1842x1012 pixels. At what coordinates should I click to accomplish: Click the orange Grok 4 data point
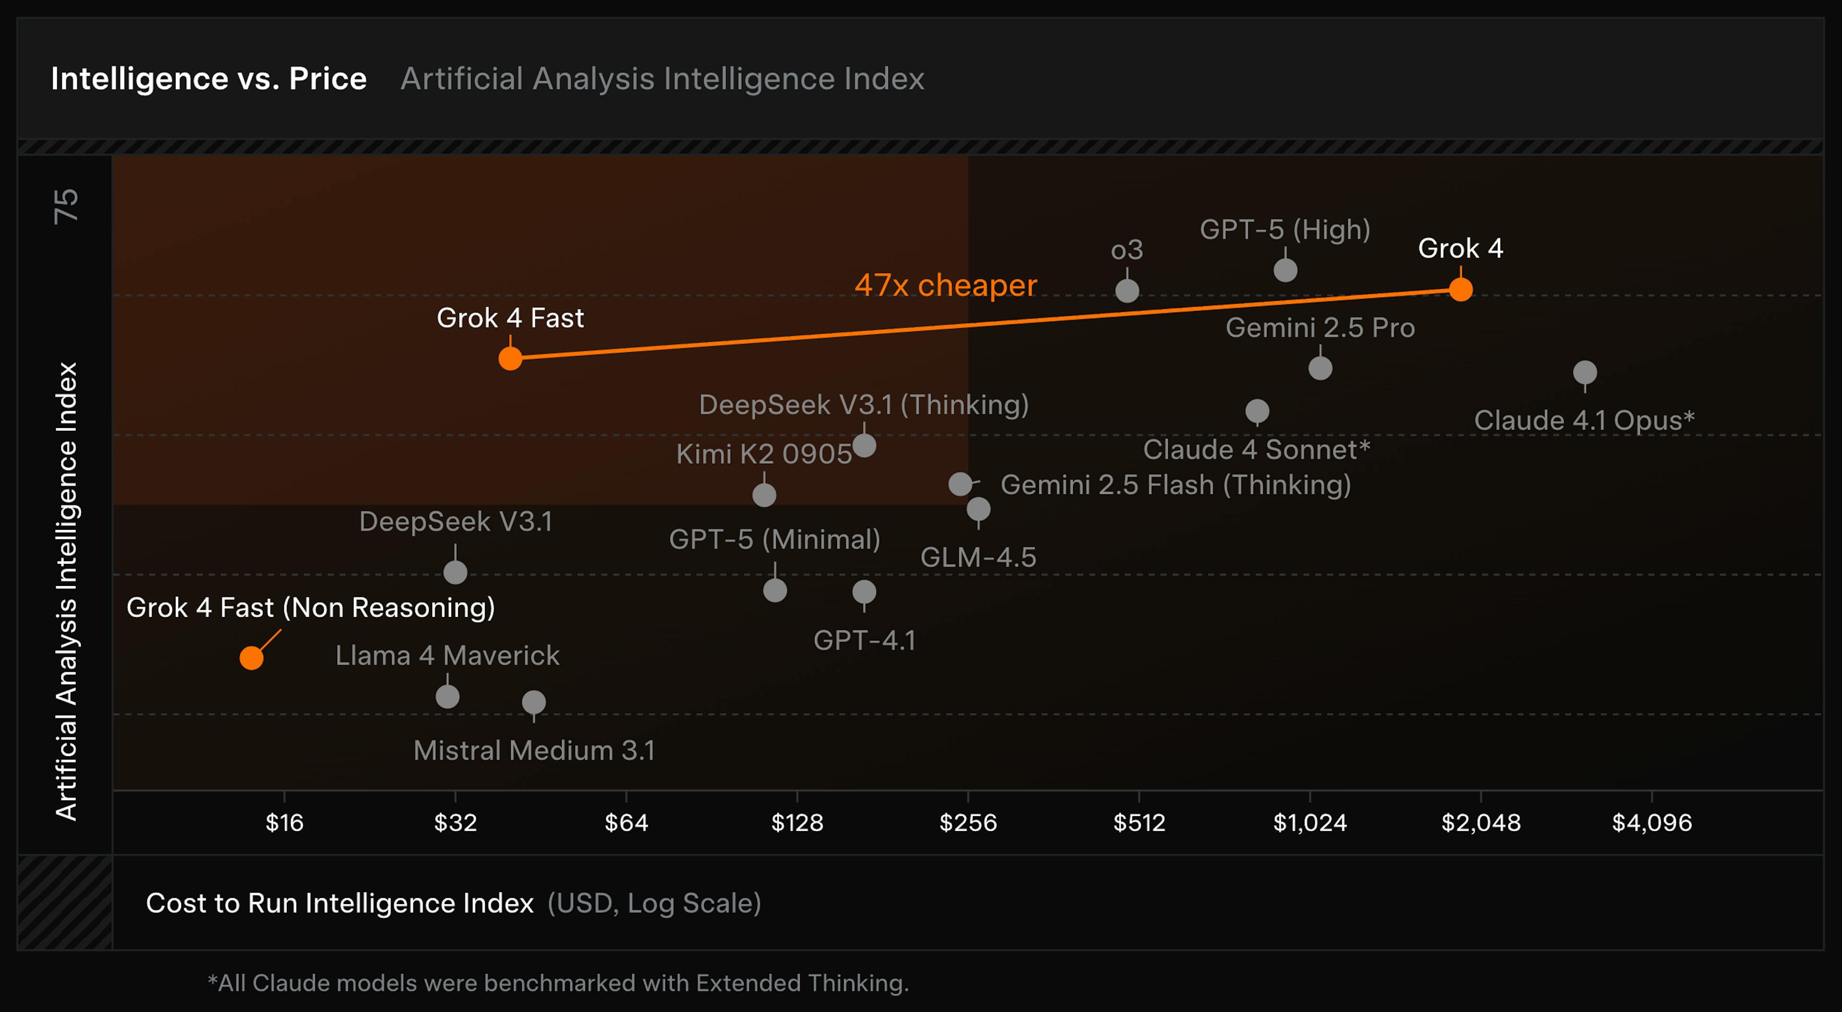pyautogui.click(x=1460, y=290)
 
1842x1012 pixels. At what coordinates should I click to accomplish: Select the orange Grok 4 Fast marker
pyautogui.click(x=510, y=358)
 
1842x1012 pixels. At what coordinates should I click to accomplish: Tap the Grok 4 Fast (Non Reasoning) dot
pyautogui.click(x=251, y=657)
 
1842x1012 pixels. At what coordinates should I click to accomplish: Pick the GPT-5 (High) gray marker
pyautogui.click(x=1285, y=270)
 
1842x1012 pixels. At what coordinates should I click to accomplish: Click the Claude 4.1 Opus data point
pyautogui.click(x=1584, y=373)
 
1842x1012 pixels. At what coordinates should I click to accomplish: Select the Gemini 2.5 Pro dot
pyautogui.click(x=1320, y=369)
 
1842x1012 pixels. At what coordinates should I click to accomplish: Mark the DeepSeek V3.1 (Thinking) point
pyautogui.click(x=864, y=446)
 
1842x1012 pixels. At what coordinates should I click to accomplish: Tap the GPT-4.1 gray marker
pyautogui.click(x=864, y=592)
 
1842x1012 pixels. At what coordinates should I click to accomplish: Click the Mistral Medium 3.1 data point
pyautogui.click(x=533, y=702)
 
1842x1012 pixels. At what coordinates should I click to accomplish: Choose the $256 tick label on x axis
pyautogui.click(x=968, y=822)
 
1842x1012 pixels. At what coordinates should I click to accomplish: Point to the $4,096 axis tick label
pyautogui.click(x=1651, y=822)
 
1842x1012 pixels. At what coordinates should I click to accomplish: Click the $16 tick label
pyautogui.click(x=284, y=822)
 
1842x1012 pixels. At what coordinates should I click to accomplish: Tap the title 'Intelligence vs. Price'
pyautogui.click(x=208, y=79)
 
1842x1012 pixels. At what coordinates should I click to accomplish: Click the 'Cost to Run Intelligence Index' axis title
pyautogui.click(x=340, y=903)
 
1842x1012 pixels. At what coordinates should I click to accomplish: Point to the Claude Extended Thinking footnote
pyautogui.click(x=558, y=983)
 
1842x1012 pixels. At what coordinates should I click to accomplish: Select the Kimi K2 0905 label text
pyautogui.click(x=764, y=454)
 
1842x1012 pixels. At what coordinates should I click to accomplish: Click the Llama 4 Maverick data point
pyautogui.click(x=447, y=697)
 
